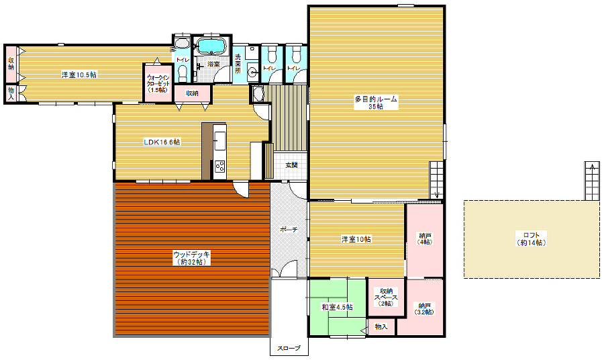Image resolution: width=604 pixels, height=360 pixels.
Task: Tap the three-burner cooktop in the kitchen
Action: [x=220, y=167]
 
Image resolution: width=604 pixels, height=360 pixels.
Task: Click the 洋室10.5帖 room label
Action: [x=79, y=75]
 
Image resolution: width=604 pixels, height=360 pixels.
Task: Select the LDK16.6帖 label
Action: [x=162, y=142]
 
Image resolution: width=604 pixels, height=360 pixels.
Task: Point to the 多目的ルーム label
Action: [x=376, y=99]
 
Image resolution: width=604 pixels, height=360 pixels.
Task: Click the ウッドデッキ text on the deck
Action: [x=191, y=255]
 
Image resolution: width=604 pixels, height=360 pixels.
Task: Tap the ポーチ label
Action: [x=289, y=229]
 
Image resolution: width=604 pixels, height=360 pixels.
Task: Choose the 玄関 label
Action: [x=291, y=165]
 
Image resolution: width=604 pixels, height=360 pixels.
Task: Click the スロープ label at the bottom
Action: [x=289, y=349]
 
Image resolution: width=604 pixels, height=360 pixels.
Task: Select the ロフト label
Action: [x=532, y=235]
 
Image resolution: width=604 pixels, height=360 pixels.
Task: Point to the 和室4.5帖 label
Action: [x=338, y=307]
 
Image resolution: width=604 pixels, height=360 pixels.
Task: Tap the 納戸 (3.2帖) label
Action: [x=425, y=308]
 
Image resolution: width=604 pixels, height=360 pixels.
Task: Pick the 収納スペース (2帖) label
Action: [x=386, y=297]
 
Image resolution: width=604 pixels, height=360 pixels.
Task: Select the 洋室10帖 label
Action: [x=356, y=239]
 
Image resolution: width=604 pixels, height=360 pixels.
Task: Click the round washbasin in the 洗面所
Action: [x=252, y=72]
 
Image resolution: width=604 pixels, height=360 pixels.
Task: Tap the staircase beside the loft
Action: [x=592, y=181]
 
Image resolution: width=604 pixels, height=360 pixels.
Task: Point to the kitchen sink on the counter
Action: [x=220, y=140]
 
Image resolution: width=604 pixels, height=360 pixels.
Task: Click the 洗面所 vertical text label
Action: [x=238, y=64]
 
